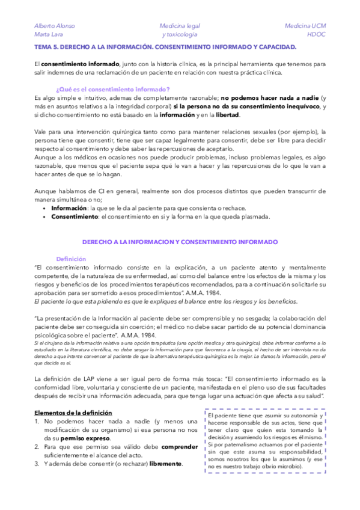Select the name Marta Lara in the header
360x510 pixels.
point(49,35)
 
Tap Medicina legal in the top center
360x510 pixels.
point(180,26)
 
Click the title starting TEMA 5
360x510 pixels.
point(165,46)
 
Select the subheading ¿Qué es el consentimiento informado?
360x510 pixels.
point(112,89)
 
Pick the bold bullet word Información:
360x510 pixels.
point(69,207)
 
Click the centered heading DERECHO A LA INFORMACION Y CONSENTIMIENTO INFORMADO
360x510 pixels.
point(180,241)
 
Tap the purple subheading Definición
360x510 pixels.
point(71,259)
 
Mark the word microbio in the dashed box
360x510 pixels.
point(293,466)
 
